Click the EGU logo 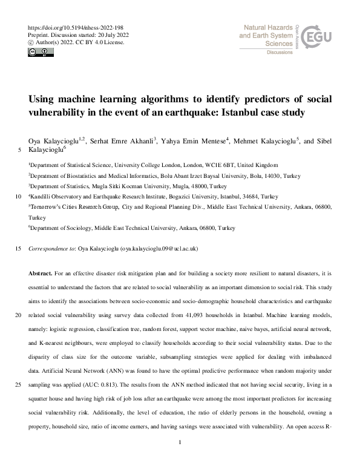click(x=317, y=38)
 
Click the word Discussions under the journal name click(x=280, y=53)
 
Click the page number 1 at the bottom click(x=180, y=460)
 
